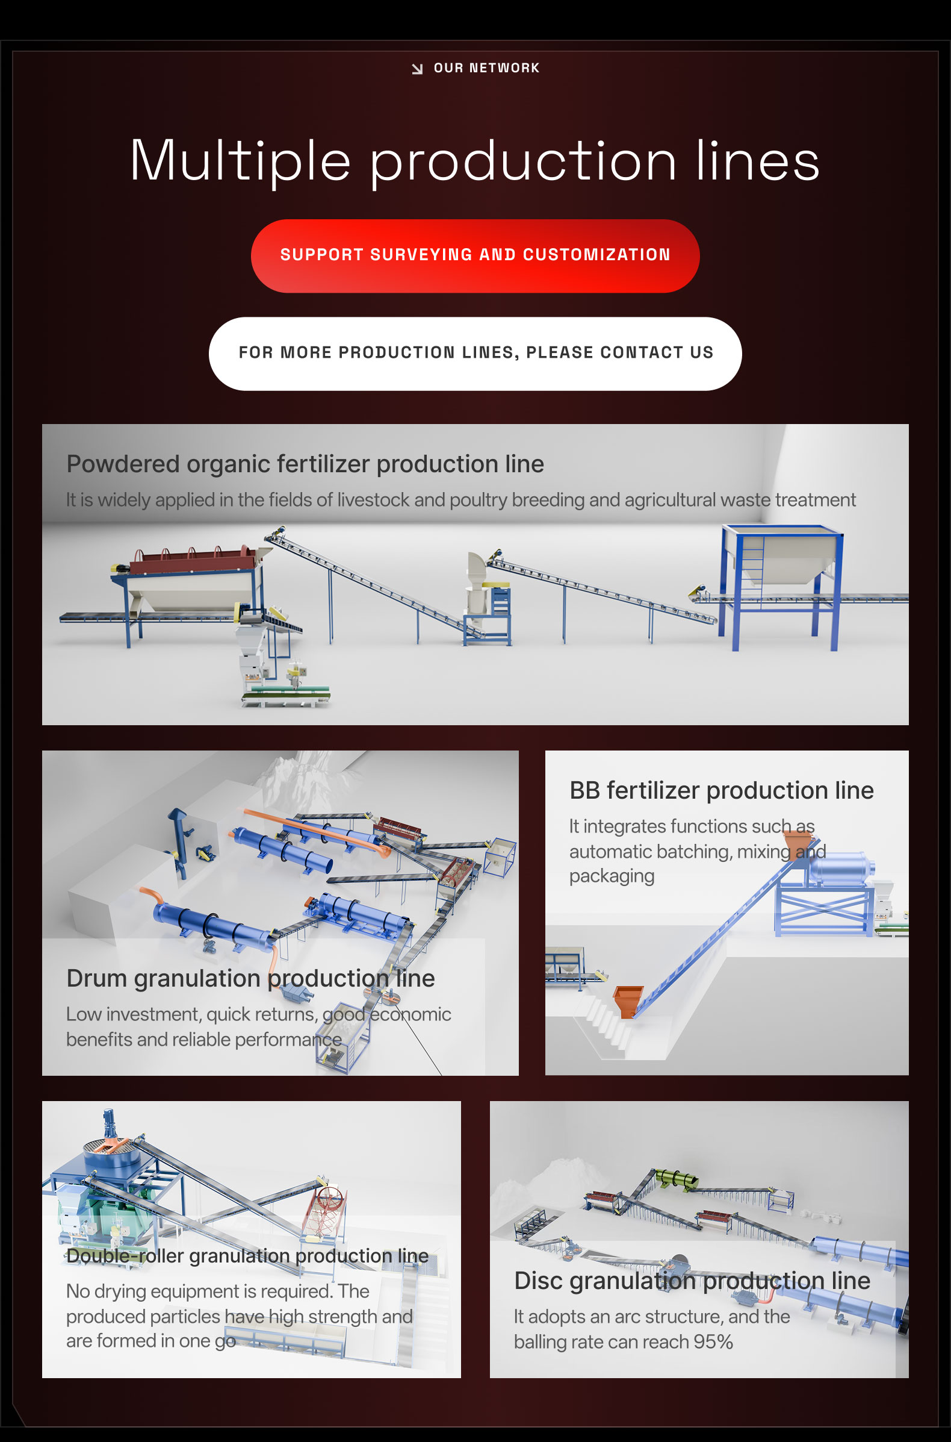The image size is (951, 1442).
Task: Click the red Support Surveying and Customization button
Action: point(475,255)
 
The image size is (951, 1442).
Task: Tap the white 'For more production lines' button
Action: point(475,353)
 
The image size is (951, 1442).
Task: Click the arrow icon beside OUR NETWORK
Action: point(417,69)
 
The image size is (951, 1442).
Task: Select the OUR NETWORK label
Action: point(486,68)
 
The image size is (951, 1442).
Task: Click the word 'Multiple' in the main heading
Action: point(240,161)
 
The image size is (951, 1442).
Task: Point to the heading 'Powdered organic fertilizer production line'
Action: point(305,464)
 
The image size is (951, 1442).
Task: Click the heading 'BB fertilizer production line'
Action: point(722,790)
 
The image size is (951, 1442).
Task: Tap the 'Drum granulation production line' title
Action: point(250,978)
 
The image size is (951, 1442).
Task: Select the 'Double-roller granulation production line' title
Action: point(247,1255)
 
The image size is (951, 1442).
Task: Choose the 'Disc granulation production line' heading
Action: point(692,1280)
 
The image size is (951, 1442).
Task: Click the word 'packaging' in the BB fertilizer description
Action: point(612,876)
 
